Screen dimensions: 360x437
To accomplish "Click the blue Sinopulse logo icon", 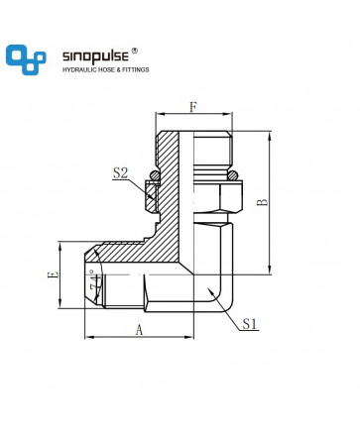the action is click(x=26, y=59).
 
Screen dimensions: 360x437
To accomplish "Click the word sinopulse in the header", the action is click(x=95, y=56).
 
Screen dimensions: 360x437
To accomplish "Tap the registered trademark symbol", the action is click(x=135, y=51).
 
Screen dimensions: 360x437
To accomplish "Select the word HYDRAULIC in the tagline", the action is click(x=78, y=69).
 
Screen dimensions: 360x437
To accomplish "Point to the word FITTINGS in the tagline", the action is click(x=136, y=69).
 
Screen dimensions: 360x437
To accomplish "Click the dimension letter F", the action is click(x=193, y=107).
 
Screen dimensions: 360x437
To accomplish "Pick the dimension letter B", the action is click(x=263, y=201).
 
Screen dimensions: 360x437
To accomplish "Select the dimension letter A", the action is click(x=139, y=329).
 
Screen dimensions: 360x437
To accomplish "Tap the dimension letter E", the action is click(x=53, y=274).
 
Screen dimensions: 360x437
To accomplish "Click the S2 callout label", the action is click(x=120, y=173).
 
